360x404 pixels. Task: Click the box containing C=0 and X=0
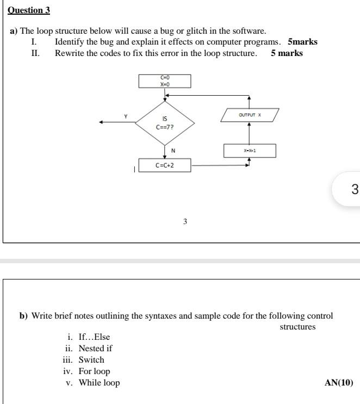pos(165,81)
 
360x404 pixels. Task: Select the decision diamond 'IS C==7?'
pos(165,122)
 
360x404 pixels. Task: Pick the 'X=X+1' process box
pos(250,151)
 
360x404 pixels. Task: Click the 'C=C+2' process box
pos(165,165)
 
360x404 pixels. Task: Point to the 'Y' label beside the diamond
pos(126,116)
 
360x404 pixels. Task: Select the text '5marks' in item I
pos(302,42)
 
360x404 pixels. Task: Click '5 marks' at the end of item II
pos(287,53)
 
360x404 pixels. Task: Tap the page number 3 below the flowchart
pos(185,222)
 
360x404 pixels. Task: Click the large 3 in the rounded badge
pos(355,189)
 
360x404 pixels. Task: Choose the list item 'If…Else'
pos(94,337)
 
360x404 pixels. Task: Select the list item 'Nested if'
pos(95,349)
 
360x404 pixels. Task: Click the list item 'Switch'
pos(91,360)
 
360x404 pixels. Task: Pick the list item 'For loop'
pos(94,371)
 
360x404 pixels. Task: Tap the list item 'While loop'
pos(99,383)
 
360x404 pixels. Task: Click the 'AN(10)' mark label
pos(338,383)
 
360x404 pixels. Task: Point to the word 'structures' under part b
pos(297,327)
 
